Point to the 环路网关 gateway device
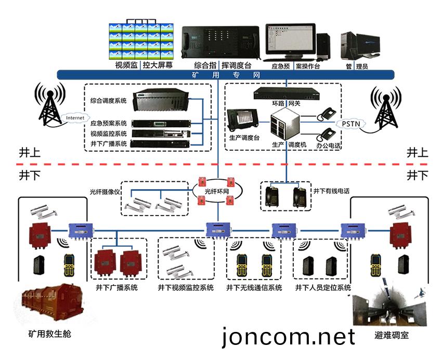[285, 94]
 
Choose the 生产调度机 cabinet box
[286, 125]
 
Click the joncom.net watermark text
[289, 337]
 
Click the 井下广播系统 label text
[117, 287]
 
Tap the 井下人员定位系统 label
[322, 287]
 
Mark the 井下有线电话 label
[331, 191]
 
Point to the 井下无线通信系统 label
[254, 287]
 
